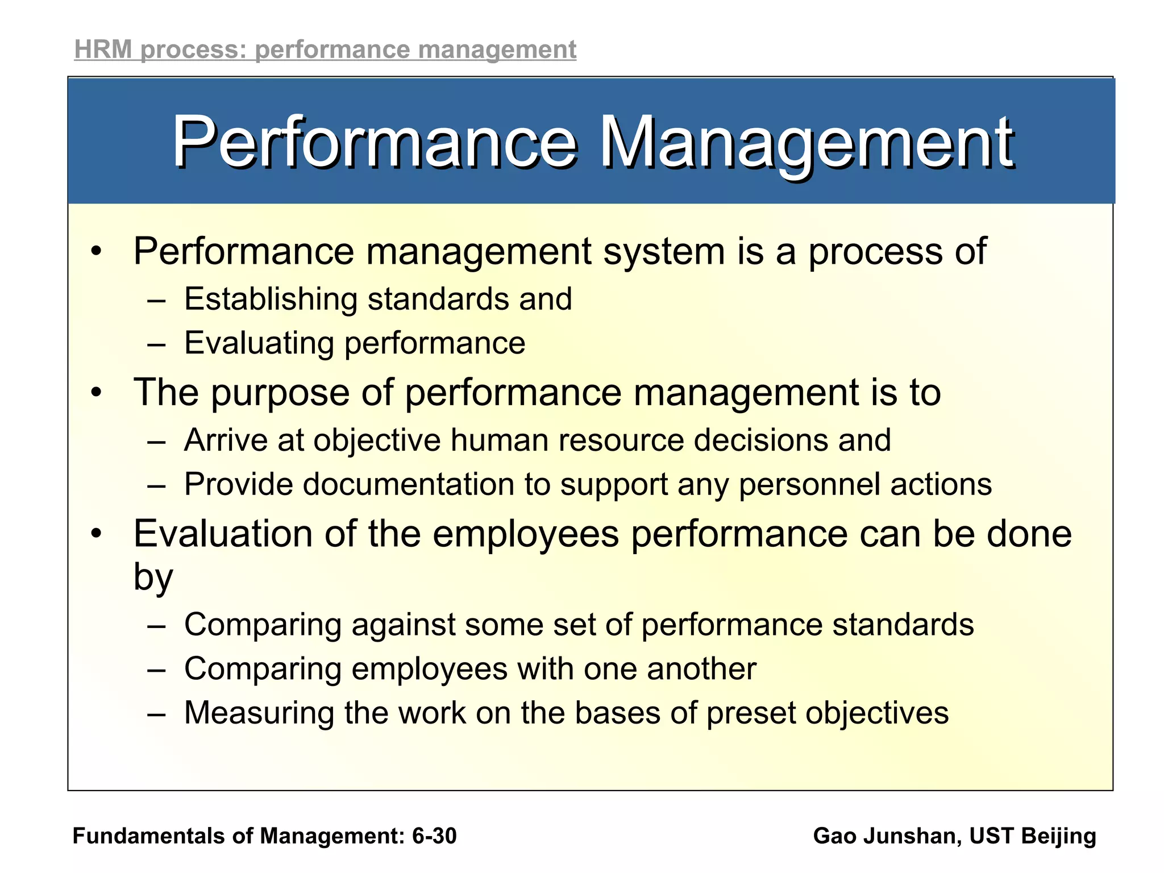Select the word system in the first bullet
tap(663, 252)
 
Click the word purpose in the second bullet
tap(279, 393)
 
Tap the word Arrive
tap(226, 440)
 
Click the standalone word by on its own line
tap(153, 578)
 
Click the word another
tap(701, 669)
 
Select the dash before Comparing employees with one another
tap(156, 670)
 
